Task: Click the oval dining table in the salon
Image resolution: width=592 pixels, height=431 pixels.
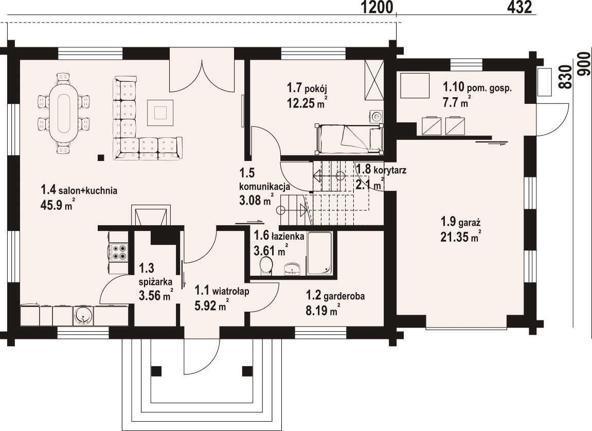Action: click(64, 113)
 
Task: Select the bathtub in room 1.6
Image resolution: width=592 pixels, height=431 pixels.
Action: click(319, 253)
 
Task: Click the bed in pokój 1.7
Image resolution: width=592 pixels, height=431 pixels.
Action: click(349, 139)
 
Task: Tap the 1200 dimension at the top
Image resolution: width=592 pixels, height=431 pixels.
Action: click(377, 7)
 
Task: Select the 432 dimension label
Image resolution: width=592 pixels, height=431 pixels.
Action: click(519, 7)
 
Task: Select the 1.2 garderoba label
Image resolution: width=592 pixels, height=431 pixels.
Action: click(335, 296)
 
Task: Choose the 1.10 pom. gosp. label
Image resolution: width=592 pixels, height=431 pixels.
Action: click(477, 88)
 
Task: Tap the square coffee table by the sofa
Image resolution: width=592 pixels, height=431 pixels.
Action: click(160, 113)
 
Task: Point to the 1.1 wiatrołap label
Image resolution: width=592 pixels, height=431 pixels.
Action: click(222, 291)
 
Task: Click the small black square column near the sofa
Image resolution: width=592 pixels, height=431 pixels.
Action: click(101, 157)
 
